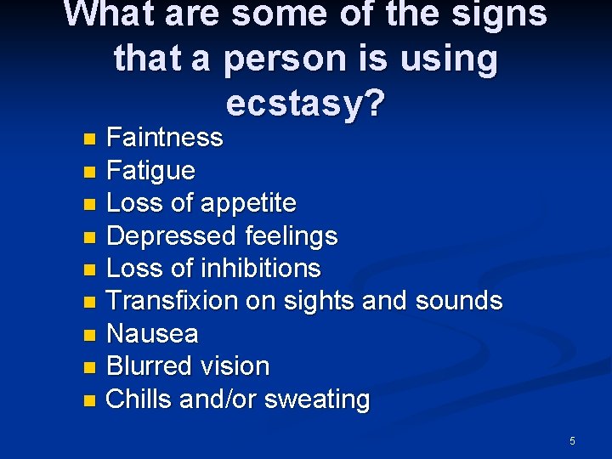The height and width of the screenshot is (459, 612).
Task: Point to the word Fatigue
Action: click(x=150, y=170)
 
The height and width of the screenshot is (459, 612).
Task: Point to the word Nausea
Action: click(x=152, y=334)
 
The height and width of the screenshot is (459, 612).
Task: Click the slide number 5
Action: click(x=572, y=440)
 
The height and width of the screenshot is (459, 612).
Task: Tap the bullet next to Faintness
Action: click(x=90, y=139)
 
